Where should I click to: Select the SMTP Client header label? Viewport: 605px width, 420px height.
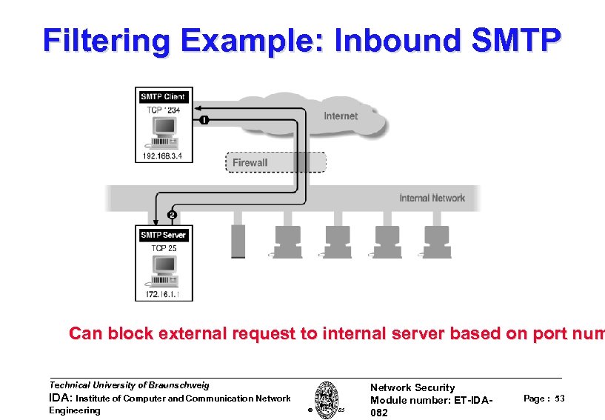[163, 97]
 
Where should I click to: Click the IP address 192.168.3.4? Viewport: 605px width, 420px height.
[163, 156]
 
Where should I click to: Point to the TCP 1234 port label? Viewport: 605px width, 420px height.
[163, 110]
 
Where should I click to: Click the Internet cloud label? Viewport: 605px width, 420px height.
[340, 116]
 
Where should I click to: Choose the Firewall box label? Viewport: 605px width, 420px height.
[250, 163]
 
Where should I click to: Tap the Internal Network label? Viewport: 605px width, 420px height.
[432, 198]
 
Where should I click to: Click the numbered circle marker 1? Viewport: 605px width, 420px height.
[204, 119]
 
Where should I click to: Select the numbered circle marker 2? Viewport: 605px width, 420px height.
[172, 215]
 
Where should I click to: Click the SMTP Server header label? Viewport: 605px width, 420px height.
[164, 235]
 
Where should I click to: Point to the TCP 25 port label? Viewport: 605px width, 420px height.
[164, 248]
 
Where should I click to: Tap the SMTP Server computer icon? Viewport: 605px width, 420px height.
[164, 271]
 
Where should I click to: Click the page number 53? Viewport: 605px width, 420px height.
[559, 399]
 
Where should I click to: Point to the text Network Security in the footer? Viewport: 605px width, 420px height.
[412, 387]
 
